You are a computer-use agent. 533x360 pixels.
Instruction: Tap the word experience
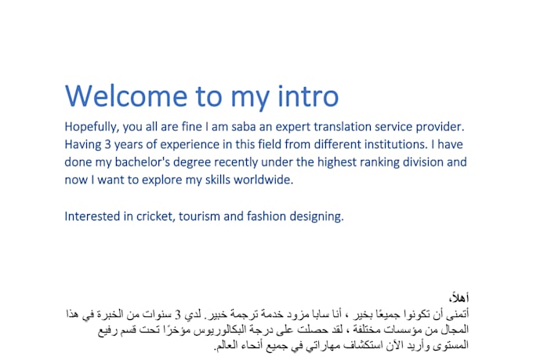click(x=200, y=145)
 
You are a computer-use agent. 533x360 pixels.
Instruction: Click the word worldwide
click(x=258, y=180)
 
